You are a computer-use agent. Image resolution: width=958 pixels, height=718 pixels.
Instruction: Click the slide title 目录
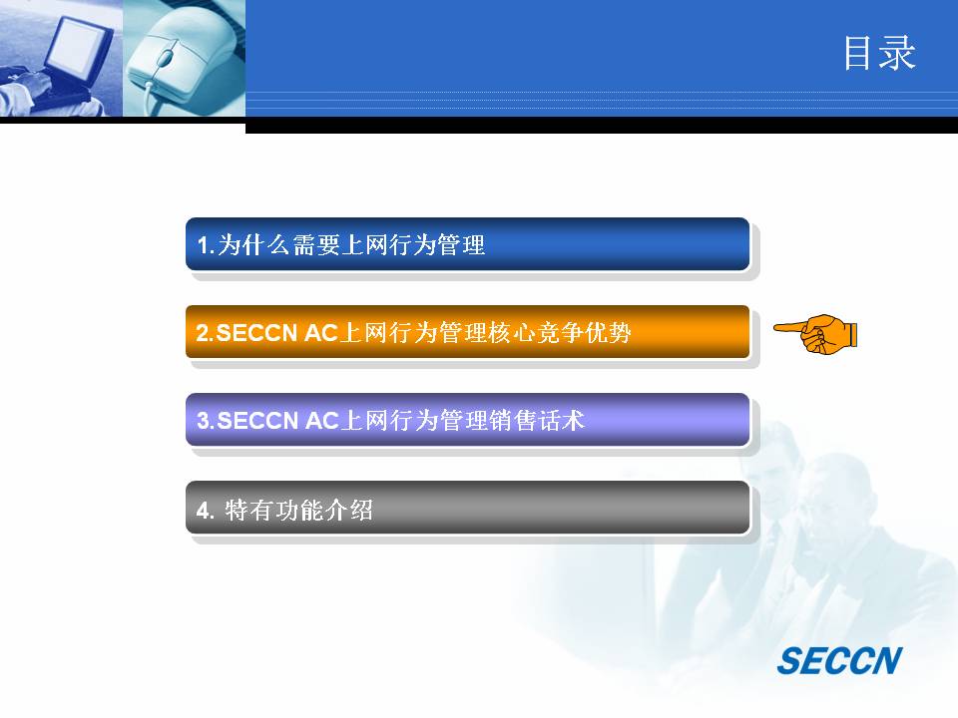879,53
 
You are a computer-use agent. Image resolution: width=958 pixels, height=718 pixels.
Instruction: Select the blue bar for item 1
467,244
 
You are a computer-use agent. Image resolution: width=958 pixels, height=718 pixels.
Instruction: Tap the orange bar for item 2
467,332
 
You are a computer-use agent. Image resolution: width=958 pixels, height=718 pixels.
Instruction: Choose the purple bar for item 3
467,420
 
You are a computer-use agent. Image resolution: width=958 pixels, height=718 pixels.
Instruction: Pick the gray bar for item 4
467,508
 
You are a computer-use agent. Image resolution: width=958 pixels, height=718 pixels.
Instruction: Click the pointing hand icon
815,334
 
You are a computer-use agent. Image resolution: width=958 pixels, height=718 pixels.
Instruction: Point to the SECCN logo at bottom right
839,660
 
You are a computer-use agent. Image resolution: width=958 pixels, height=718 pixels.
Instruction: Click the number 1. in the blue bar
206,245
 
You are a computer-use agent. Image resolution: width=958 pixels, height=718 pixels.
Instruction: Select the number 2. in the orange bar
206,333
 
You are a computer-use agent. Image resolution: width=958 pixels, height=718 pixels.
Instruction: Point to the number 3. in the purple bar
206,421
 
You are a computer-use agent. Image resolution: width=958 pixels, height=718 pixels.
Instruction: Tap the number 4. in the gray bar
206,510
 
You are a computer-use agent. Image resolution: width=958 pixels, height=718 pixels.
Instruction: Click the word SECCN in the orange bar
256,333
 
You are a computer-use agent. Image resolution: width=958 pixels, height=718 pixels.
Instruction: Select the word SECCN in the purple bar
257,421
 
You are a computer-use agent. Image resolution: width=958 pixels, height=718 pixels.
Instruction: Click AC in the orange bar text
321,333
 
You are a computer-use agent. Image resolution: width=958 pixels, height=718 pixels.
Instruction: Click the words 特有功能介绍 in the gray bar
298,510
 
